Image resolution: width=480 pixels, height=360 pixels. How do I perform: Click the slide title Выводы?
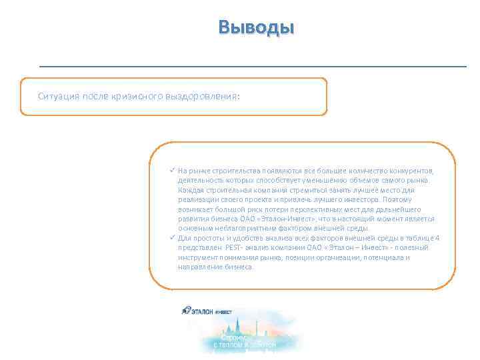[255, 28]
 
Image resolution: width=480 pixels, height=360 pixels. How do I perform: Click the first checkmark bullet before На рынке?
[172, 170]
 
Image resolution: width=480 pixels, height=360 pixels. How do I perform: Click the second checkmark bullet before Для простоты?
[172, 238]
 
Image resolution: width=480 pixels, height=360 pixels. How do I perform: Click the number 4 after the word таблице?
[437, 238]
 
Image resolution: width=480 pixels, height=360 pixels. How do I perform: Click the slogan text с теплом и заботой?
[244, 345]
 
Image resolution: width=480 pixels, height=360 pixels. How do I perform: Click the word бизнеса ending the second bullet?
[239, 267]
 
